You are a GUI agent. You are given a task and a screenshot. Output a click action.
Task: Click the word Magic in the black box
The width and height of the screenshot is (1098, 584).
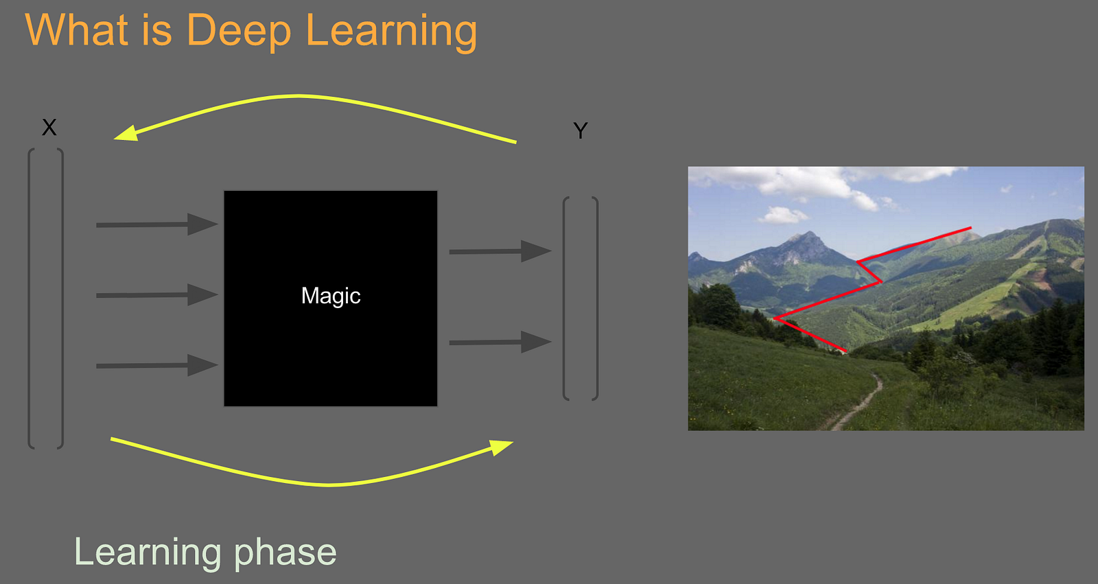pos(331,296)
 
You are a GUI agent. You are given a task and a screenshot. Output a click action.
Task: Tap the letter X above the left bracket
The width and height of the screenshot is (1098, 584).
pos(49,128)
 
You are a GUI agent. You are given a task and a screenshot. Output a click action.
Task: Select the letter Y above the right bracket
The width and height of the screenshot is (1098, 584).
pos(581,130)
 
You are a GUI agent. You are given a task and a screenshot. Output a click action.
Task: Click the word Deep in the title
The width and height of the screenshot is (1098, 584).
pos(239,30)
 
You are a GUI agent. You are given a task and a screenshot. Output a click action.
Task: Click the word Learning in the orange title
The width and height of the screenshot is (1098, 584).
pos(391,30)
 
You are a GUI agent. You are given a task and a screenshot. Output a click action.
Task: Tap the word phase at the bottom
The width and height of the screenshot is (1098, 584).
pos(285,553)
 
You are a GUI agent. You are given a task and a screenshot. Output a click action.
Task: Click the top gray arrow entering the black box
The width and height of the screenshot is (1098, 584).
pos(157,224)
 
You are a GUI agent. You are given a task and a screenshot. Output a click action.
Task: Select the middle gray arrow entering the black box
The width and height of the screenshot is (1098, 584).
pos(157,295)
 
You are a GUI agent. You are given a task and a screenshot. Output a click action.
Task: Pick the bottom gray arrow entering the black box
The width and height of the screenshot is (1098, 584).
pos(157,366)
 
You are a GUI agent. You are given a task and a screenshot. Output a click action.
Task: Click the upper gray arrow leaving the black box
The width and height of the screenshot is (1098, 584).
pos(500,252)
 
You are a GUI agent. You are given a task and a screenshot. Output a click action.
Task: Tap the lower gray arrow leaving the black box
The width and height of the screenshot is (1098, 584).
pos(500,342)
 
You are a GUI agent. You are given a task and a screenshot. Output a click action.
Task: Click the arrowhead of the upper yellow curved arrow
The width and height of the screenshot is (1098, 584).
pos(126,133)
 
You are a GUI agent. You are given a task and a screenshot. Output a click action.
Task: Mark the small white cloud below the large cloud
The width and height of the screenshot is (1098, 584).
pos(783,215)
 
